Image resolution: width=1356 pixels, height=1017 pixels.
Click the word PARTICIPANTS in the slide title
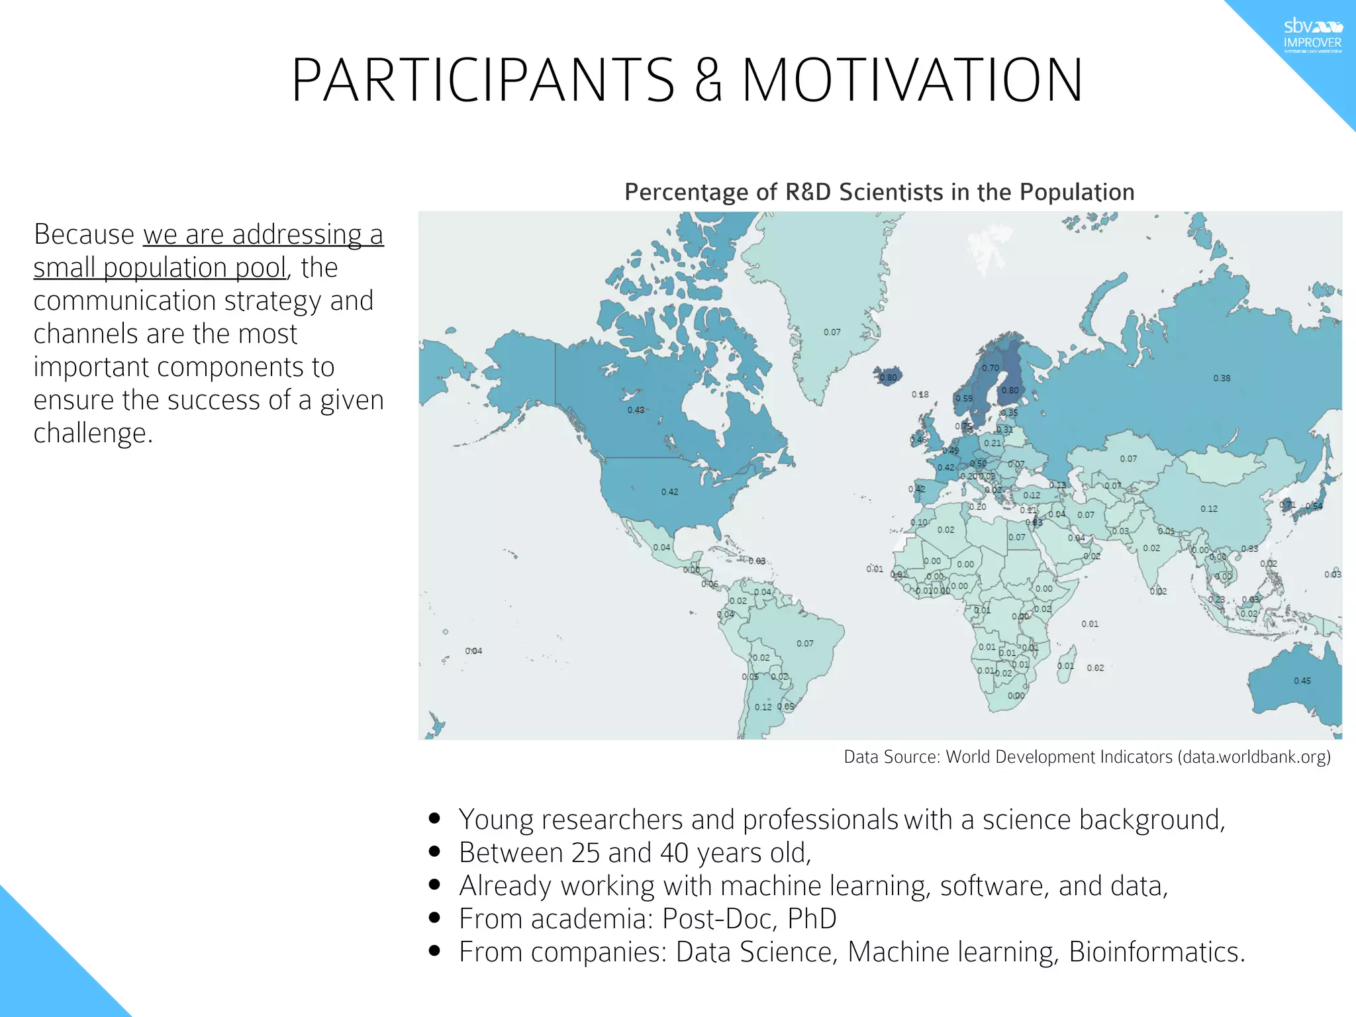(x=483, y=81)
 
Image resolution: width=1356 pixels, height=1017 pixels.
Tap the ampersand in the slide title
(x=708, y=81)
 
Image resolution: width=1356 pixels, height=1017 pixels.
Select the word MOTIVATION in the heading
(x=912, y=81)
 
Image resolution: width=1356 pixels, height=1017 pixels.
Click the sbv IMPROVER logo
(x=1312, y=36)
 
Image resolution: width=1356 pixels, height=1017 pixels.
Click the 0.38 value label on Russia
(x=1222, y=378)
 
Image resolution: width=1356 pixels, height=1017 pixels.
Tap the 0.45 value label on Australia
(x=1302, y=681)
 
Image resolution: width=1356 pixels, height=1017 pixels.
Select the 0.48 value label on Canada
(x=636, y=410)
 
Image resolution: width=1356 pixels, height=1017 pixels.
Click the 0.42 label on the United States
(x=669, y=492)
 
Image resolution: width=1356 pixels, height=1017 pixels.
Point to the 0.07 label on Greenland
(x=832, y=332)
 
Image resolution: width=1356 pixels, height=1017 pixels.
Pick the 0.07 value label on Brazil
(x=804, y=644)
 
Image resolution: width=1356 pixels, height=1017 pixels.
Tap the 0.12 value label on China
(x=1208, y=508)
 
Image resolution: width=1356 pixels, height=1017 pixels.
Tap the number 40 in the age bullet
(x=674, y=853)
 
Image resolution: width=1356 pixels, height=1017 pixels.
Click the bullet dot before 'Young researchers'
(x=434, y=818)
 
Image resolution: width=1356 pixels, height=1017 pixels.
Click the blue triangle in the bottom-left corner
(x=40, y=973)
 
